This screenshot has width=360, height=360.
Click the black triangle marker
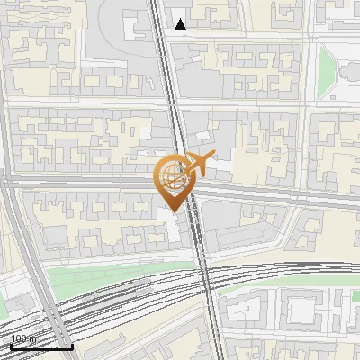point(181,24)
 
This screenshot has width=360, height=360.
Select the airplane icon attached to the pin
point(198,165)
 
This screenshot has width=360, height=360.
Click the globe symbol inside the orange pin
point(171,175)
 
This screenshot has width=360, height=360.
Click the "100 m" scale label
point(23,339)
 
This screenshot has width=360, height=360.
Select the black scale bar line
point(41,346)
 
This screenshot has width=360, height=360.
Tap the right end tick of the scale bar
point(72,345)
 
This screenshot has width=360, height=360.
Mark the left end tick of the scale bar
point(11,345)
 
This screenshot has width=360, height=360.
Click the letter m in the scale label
point(32,339)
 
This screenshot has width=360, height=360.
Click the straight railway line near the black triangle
point(162,36)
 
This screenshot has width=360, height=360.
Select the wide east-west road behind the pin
point(90,183)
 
